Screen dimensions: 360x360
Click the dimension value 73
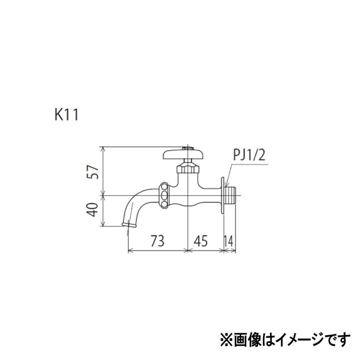pos(158,241)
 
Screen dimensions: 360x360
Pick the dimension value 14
pos(229,241)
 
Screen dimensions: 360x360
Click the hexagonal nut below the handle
pos(187,166)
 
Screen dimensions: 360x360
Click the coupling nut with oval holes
pos(164,196)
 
